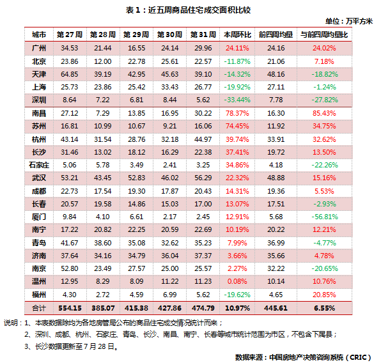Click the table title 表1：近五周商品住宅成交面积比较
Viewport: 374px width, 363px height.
click(x=188, y=10)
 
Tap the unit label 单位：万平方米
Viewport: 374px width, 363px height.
click(x=348, y=21)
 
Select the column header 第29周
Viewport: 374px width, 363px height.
click(x=136, y=35)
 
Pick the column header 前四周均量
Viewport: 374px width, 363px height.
click(x=276, y=35)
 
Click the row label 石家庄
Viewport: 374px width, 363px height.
click(x=39, y=165)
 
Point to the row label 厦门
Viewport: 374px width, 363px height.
click(x=39, y=217)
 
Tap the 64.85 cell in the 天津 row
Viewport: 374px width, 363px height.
click(x=70, y=74)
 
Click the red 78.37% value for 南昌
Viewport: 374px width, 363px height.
click(x=237, y=113)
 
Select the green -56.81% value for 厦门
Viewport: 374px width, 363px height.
click(x=325, y=217)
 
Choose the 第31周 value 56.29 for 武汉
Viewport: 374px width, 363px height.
click(x=203, y=178)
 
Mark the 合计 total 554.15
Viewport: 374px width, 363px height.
click(x=70, y=308)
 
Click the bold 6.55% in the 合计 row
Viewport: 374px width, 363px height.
click(x=324, y=308)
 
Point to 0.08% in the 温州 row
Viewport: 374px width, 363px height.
click(x=237, y=281)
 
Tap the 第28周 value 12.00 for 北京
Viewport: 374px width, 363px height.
click(x=102, y=61)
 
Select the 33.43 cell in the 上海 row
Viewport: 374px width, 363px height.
click(x=169, y=87)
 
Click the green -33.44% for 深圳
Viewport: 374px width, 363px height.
click(x=237, y=100)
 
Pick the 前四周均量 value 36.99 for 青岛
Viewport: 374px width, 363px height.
click(x=276, y=243)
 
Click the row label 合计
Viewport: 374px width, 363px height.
click(x=39, y=308)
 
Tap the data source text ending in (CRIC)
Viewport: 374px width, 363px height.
click(x=304, y=357)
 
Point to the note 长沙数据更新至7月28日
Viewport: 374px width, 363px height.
click(x=71, y=346)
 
